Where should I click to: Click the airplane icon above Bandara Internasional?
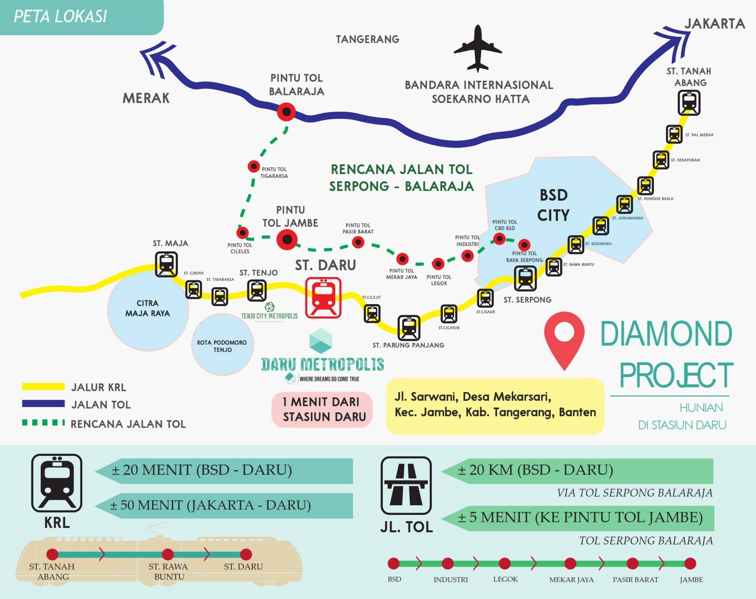pyautogui.click(x=478, y=49)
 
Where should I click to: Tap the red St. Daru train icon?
pyautogui.click(x=323, y=297)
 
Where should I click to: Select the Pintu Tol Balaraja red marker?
pyautogui.click(x=286, y=112)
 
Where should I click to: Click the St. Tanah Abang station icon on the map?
pyautogui.click(x=689, y=102)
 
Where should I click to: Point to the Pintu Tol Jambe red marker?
pyautogui.click(x=287, y=239)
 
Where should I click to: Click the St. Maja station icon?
pyautogui.click(x=166, y=264)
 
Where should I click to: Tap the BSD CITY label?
pyautogui.click(x=553, y=205)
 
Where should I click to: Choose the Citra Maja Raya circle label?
pyautogui.click(x=147, y=308)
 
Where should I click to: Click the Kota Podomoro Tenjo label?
pyautogui.click(x=222, y=346)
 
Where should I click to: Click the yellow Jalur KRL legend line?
pyautogui.click(x=43, y=387)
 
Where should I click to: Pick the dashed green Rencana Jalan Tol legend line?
pyautogui.click(x=43, y=423)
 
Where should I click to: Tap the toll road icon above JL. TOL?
pyautogui.click(x=406, y=485)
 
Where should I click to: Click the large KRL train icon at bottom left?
pyautogui.click(x=57, y=482)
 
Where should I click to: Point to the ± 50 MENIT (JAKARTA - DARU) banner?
pyautogui.click(x=224, y=505)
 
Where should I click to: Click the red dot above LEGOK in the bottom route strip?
pyautogui.click(x=505, y=563)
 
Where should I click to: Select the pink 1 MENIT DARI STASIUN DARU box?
pyautogui.click(x=322, y=409)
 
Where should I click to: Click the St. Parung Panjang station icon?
pyautogui.click(x=408, y=328)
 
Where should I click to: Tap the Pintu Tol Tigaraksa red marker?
pyautogui.click(x=254, y=166)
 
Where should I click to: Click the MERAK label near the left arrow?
pyautogui.click(x=146, y=98)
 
